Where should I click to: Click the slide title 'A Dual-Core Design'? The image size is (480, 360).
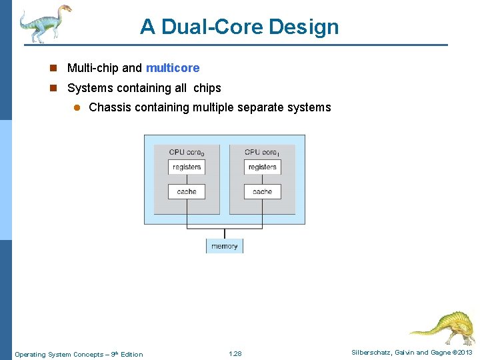[239, 27]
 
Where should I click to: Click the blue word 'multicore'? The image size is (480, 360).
[173, 68]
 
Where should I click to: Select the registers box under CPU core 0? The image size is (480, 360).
[187, 167]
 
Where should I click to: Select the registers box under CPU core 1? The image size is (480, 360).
[262, 167]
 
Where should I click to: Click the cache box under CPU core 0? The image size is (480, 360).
[187, 191]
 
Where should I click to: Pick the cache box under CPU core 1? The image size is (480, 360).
[262, 191]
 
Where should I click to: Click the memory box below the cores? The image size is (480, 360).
[225, 246]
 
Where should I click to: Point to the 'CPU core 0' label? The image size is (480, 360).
[187, 152]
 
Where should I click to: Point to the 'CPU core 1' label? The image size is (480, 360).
[262, 152]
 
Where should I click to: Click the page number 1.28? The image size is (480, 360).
[235, 354]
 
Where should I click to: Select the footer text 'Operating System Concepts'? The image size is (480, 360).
[57, 354]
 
